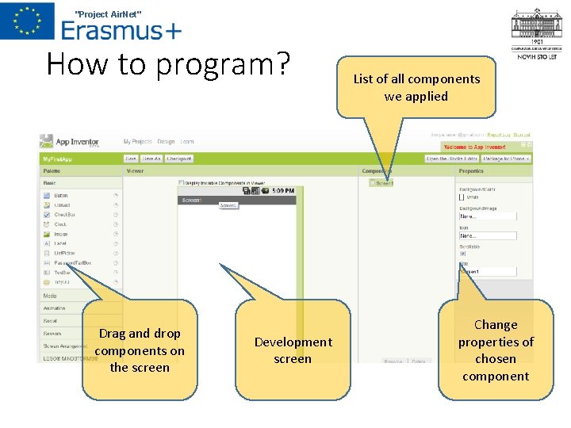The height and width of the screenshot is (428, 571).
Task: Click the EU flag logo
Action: coord(27,21)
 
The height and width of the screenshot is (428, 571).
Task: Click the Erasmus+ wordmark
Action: coord(121,30)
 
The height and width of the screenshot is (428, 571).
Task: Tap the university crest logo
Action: coord(537,30)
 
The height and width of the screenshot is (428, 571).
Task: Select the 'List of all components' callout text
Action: coord(416,87)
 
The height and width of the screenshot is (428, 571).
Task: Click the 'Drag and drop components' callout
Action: coord(140,350)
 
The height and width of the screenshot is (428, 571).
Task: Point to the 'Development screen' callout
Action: coord(293,350)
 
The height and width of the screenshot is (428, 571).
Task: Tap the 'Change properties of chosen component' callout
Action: coord(496,350)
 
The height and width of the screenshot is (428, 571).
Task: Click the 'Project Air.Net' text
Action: coord(108,14)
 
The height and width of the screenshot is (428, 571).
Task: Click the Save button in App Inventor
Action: coord(131,159)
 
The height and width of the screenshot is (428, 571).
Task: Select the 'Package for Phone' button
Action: coord(506,159)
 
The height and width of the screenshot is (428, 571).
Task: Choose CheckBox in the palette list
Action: coord(64,214)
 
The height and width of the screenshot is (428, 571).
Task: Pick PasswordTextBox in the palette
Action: coord(72,262)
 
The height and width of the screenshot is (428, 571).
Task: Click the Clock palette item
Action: coord(60,224)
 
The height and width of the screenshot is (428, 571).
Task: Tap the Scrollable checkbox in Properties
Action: coord(463,254)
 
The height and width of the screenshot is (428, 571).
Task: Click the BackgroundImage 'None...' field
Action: coord(488,216)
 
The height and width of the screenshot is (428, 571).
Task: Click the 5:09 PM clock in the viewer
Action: coord(282,190)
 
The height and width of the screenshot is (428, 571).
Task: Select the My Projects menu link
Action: coord(137,142)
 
